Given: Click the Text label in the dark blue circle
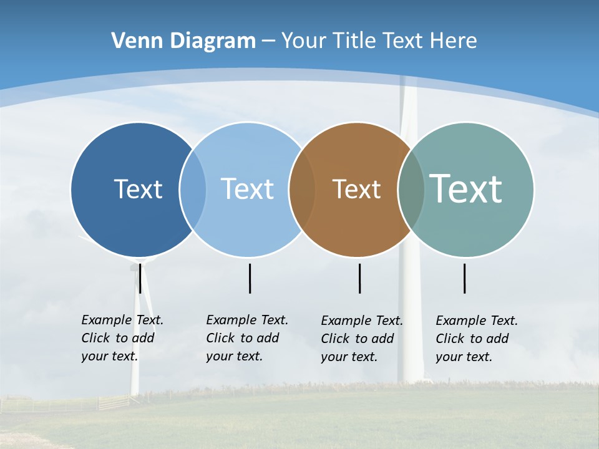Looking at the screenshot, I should coord(138,189).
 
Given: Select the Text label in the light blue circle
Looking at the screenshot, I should coord(247,189).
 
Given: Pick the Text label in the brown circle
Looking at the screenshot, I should coord(356,189).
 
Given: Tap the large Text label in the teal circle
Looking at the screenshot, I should coord(466,189).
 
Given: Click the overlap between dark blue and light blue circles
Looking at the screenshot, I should coord(193,189).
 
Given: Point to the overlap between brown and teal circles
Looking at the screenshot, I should coord(411,189).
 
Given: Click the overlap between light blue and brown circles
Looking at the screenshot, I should coord(302,189).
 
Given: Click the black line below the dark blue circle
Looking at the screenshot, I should coord(140,278).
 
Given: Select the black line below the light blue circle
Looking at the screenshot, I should coord(250,278).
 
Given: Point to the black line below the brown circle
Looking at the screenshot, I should coord(360,278).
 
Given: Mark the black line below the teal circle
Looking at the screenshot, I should coord(465,278).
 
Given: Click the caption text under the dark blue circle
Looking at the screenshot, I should coord(122,338).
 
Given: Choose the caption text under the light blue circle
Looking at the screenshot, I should coord(246,338).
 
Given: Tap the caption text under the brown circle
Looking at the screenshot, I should coord(361,339).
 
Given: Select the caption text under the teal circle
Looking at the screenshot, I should coord(476,339).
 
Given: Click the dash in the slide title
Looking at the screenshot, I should coord(268,41).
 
